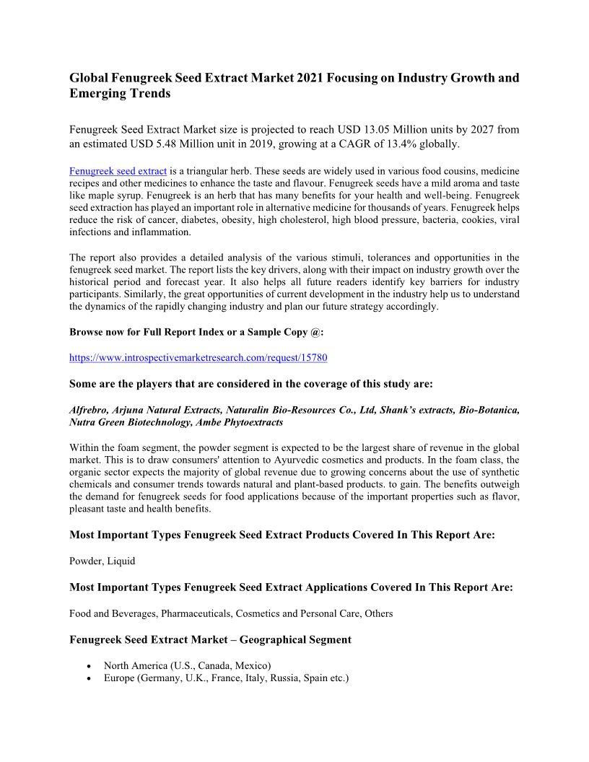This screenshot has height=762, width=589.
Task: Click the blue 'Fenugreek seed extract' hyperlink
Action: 118,172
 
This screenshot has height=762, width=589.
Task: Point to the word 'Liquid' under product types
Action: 121,561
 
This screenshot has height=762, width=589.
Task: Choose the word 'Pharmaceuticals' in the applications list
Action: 198,613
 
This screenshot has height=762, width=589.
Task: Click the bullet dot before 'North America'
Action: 88,666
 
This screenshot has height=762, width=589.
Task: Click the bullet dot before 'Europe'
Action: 88,679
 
